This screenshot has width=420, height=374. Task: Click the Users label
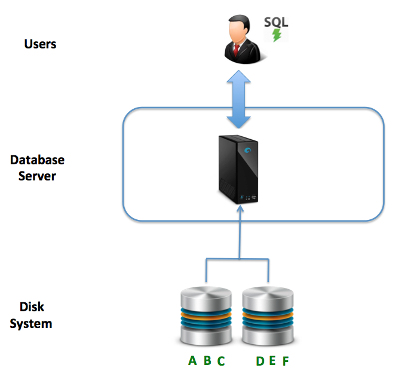coord(40,44)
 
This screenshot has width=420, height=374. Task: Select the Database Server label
coord(37,168)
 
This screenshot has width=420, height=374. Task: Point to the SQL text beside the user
coord(276,22)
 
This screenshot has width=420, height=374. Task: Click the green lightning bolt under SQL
coord(277,35)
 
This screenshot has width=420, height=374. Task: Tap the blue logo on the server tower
coord(247,151)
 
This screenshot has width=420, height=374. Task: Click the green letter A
coord(192,361)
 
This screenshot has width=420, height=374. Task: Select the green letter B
coord(207,361)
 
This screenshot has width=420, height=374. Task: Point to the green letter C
coord(221,361)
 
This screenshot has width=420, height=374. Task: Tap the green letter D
coord(260,361)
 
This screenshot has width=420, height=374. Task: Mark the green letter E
coord(272,361)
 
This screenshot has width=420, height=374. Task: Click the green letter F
coord(286,361)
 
